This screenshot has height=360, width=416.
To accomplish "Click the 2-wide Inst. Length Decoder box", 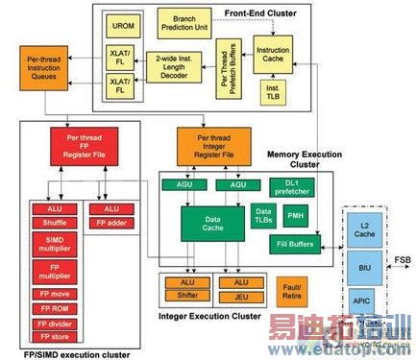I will (x=177, y=70).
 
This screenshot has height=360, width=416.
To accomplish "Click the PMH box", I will (x=295, y=215).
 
